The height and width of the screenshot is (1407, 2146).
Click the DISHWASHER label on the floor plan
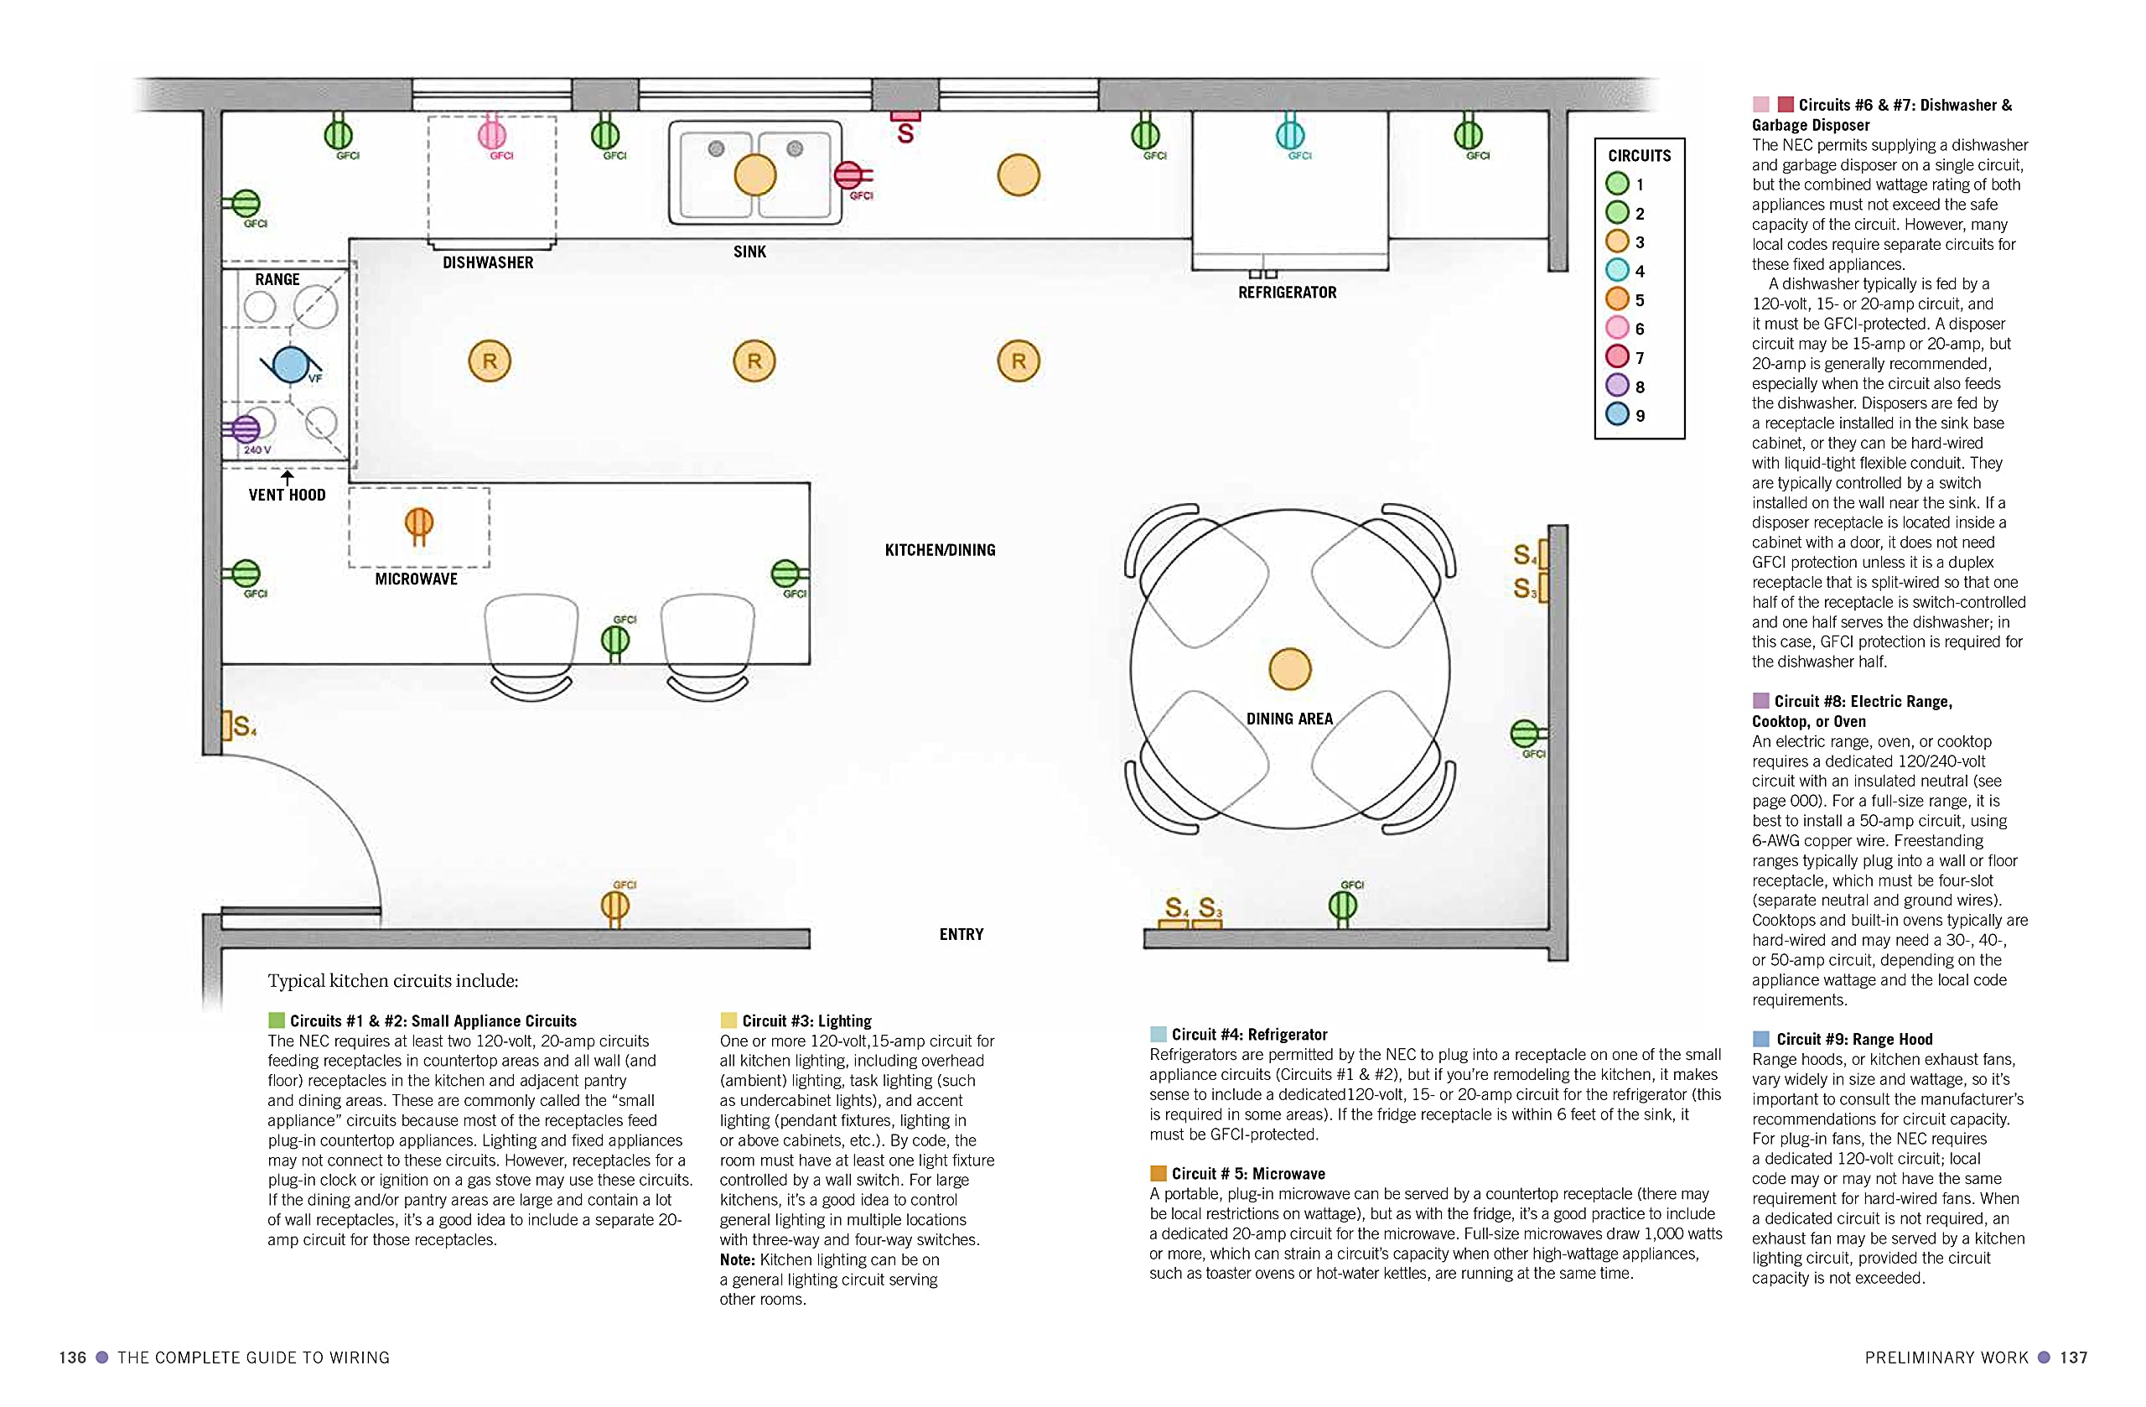coord(488,262)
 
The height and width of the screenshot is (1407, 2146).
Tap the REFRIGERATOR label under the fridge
coord(1287,293)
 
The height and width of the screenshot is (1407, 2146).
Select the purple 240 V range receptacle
coord(246,429)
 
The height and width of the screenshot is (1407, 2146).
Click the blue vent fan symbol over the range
coord(290,366)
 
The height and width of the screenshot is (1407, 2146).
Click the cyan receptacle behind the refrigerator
coord(1290,134)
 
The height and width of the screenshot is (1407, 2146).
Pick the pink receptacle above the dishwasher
coord(491,134)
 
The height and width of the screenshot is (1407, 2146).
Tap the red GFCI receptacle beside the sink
coord(848,175)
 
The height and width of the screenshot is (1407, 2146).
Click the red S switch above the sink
coord(905,131)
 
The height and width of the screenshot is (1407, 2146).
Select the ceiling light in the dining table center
coord(1289,669)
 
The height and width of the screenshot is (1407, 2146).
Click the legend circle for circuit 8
coord(1617,386)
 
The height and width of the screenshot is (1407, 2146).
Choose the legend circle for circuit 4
coord(1617,271)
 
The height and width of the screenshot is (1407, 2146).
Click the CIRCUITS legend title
coord(1639,156)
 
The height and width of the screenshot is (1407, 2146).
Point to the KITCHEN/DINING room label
coord(940,550)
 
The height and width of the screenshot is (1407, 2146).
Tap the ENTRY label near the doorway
coord(962,934)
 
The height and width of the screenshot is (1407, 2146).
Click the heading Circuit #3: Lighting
coord(806,1021)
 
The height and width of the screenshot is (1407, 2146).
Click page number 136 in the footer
coord(73,1358)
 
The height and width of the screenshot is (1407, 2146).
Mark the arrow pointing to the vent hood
coord(287,477)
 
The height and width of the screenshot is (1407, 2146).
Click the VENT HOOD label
coord(287,496)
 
